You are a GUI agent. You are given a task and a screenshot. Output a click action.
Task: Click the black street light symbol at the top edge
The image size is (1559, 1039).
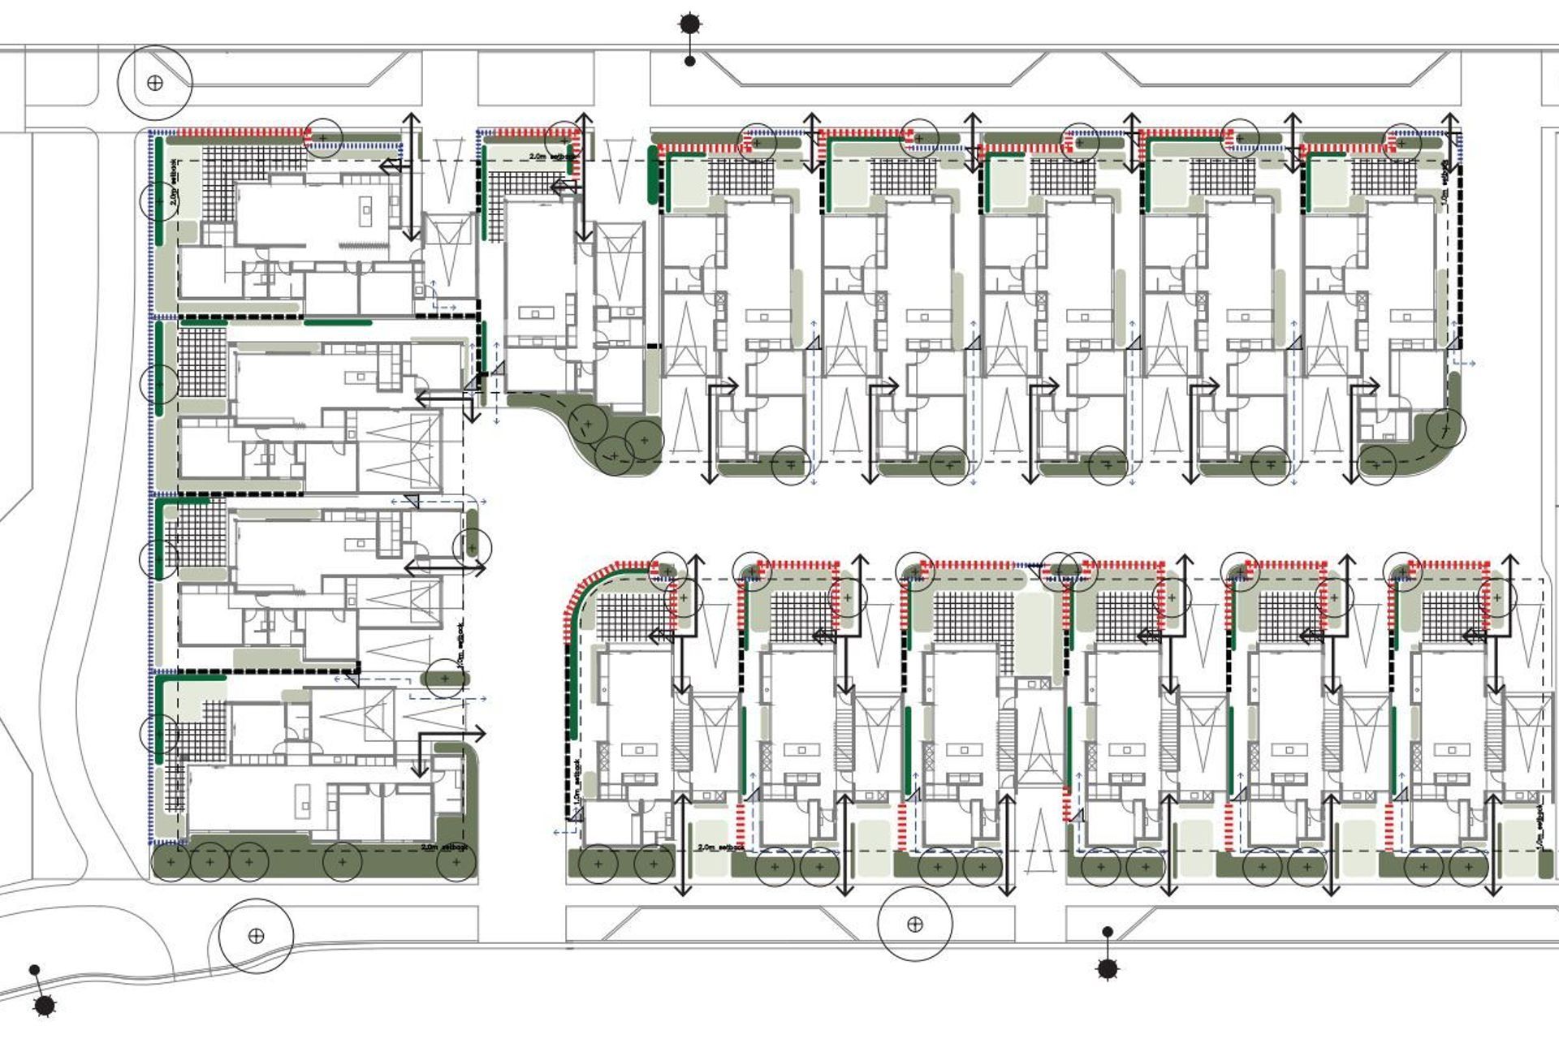pyautogui.click(x=689, y=25)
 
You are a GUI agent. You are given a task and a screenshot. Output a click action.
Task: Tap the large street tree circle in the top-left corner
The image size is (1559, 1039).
pyautogui.click(x=155, y=83)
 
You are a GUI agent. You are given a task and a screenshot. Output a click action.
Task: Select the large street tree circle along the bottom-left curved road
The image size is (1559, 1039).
pyautogui.click(x=256, y=936)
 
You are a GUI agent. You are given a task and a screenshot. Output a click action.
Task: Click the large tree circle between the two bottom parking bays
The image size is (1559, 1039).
pyautogui.click(x=914, y=924)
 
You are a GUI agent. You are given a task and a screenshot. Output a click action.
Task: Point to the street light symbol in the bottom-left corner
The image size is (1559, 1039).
pyautogui.click(x=45, y=1005)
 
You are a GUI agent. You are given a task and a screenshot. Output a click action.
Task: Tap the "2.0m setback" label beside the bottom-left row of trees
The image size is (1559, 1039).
pyautogui.click(x=444, y=847)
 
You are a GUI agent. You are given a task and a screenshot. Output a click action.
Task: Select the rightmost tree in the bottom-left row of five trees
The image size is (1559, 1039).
pyautogui.click(x=456, y=863)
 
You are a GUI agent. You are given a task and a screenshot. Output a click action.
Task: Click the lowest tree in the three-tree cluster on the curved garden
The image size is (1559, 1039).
pyautogui.click(x=615, y=455)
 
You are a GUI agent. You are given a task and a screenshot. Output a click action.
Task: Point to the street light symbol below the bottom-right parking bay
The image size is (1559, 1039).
pyautogui.click(x=1108, y=967)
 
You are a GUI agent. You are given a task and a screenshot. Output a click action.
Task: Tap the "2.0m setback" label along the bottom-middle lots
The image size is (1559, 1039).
pyautogui.click(x=721, y=847)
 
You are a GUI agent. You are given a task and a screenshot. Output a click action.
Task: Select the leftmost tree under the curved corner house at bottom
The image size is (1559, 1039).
pyautogui.click(x=598, y=864)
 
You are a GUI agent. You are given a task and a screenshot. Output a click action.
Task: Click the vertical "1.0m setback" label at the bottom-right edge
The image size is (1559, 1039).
pyautogui.click(x=1541, y=828)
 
